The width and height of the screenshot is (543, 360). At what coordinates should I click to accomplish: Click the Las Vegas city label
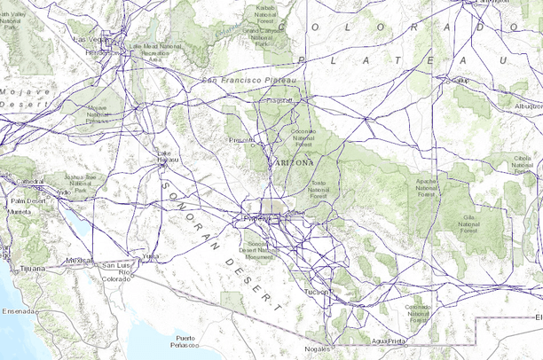click(90, 40)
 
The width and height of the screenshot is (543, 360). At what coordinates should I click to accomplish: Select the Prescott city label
click(240, 139)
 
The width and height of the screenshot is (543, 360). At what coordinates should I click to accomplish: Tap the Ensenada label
click(18, 311)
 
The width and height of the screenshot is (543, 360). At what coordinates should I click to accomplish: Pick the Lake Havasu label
click(163, 156)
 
